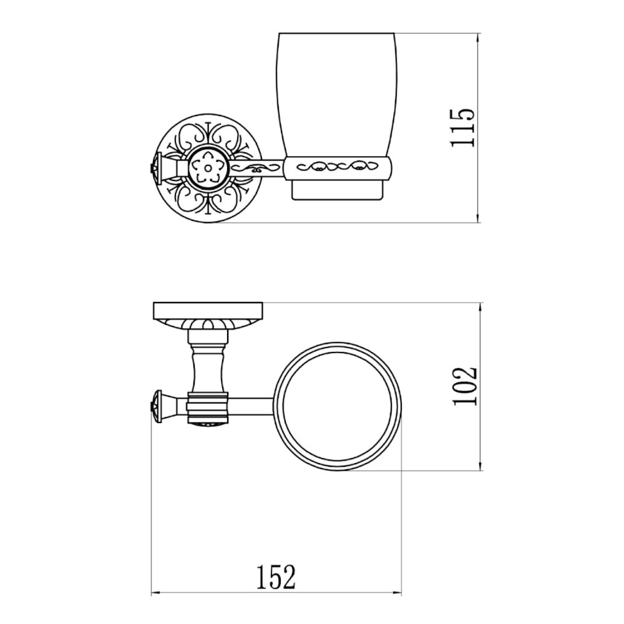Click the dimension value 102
point(465,386)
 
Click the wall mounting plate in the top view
point(208,310)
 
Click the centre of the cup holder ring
point(338,406)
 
